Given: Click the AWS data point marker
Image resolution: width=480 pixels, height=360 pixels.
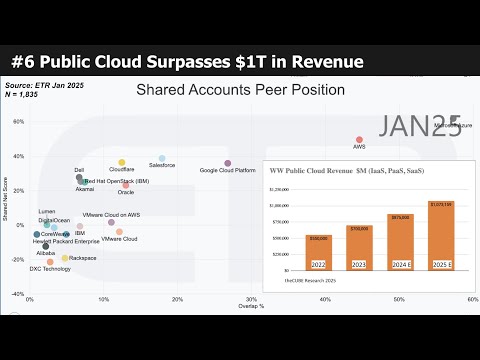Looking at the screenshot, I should (x=360, y=140).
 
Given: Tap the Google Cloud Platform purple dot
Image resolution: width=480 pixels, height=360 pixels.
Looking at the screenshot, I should (x=227, y=163).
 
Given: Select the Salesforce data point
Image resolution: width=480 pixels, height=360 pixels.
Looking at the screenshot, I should (x=162, y=158).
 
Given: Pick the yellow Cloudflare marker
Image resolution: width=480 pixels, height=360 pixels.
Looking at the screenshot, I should (x=122, y=162).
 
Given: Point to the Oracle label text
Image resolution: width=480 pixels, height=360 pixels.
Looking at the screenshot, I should (x=126, y=191).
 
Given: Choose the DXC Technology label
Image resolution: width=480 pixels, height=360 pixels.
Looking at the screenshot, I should (x=50, y=268).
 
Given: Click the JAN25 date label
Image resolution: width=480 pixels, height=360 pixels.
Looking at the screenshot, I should (x=420, y=125).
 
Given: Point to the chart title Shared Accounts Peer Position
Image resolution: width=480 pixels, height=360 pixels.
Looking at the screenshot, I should (x=240, y=90).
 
